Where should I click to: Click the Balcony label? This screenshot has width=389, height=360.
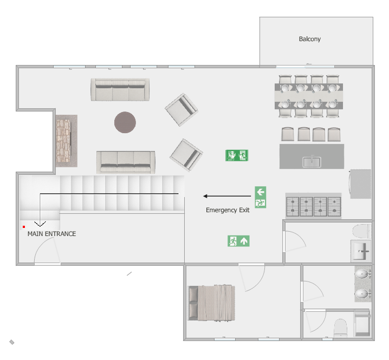click(309, 39)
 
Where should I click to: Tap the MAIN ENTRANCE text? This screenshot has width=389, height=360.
click(51, 234)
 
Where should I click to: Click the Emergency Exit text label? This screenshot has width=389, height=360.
click(228, 210)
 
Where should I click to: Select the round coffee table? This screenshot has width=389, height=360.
click(125, 122)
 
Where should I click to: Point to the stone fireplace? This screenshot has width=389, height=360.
click(67, 141)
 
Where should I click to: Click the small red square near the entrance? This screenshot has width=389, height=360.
click(24, 227)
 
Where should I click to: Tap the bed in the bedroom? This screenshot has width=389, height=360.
click(211, 303)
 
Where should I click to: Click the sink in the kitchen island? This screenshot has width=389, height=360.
click(312, 162)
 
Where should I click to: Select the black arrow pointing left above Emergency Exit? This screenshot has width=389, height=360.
click(227, 196)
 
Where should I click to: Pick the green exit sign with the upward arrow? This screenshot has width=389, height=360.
click(238, 241)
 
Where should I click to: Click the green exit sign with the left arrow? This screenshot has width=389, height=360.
click(261, 197)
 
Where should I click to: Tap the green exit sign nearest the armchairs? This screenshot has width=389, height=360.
click(237, 155)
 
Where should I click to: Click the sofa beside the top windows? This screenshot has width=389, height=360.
click(120, 89)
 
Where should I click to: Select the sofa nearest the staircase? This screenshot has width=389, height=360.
click(126, 162)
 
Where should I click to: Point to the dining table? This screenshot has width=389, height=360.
click(309, 96)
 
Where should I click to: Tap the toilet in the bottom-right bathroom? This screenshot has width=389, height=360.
click(340, 328)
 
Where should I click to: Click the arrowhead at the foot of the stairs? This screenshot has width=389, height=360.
click(40, 224)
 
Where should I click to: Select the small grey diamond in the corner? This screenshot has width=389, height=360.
click(12, 342)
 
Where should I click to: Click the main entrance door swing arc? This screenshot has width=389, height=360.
click(40, 244)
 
